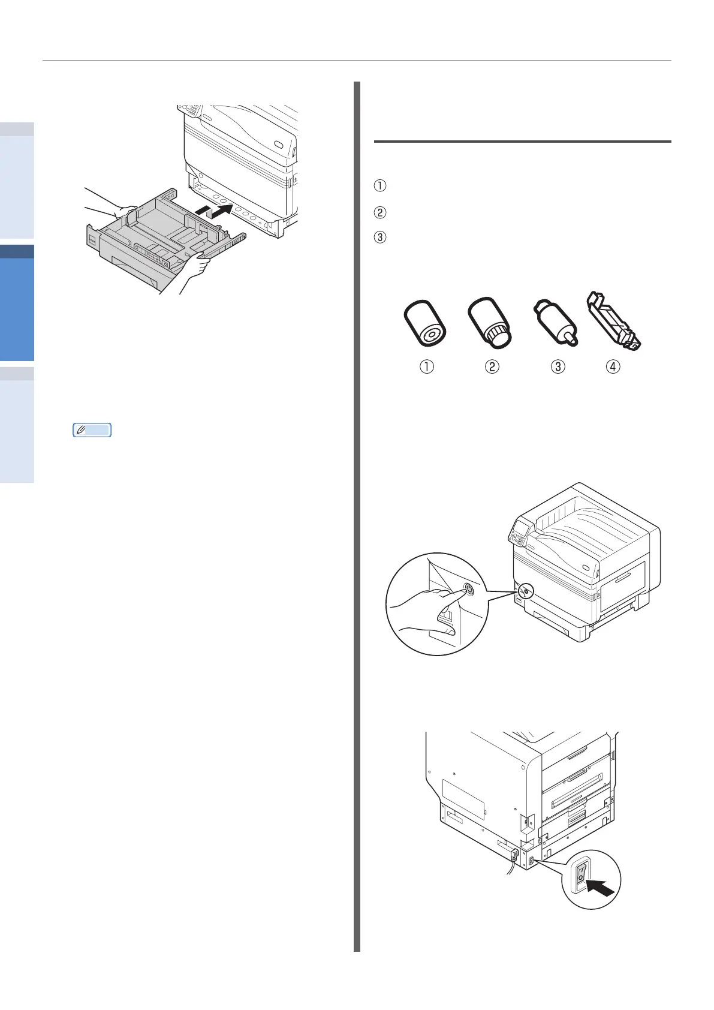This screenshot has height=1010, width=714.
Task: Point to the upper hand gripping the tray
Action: click(124, 211)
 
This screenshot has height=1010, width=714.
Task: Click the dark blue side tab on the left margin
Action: click(17, 251)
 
